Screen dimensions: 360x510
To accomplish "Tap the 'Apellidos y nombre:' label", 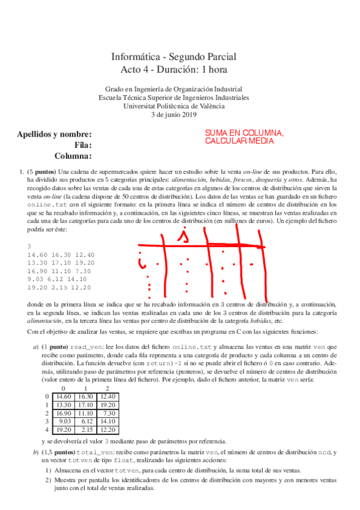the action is coord(55,134).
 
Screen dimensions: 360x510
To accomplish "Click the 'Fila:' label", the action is coord(83,145).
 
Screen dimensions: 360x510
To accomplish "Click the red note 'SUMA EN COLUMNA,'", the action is coord(244,133).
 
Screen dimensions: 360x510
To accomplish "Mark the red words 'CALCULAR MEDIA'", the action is coord(239,141).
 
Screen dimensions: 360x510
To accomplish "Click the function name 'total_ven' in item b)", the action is coord(84,451).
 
